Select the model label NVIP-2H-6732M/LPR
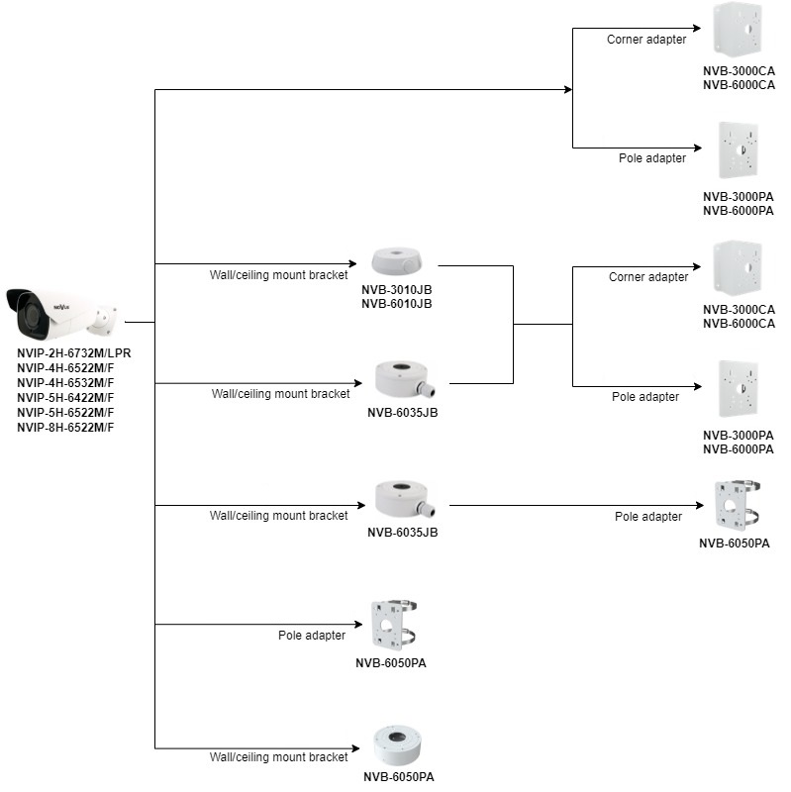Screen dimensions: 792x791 click(74, 352)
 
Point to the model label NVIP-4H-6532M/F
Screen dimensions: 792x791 click(65, 382)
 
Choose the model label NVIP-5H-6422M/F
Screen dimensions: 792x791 click(65, 397)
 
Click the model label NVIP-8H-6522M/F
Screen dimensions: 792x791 click(65, 427)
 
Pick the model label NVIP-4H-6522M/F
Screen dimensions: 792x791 click(65, 367)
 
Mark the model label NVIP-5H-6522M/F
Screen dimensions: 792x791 click(65, 412)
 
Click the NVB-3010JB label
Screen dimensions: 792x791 click(397, 289)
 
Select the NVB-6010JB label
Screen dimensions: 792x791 click(397, 304)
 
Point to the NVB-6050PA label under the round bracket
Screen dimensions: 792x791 click(399, 777)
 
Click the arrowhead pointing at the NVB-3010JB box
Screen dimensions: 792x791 click(360, 264)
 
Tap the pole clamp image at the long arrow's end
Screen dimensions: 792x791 click(736, 505)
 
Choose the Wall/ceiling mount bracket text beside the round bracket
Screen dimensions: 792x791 click(279, 757)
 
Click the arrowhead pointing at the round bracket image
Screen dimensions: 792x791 click(360, 746)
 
